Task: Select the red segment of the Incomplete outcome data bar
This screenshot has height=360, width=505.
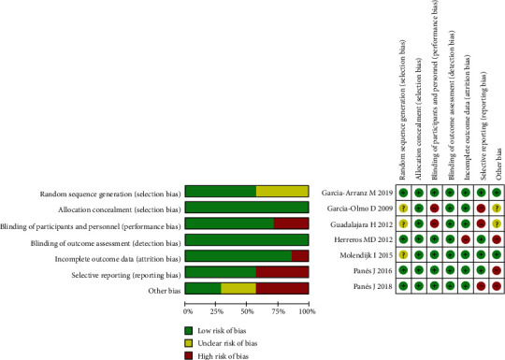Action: click(300, 255)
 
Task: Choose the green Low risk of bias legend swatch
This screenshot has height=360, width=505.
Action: click(191, 328)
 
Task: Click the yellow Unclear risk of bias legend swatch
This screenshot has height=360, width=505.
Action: click(191, 341)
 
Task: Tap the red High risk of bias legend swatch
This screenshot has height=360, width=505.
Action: click(191, 354)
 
